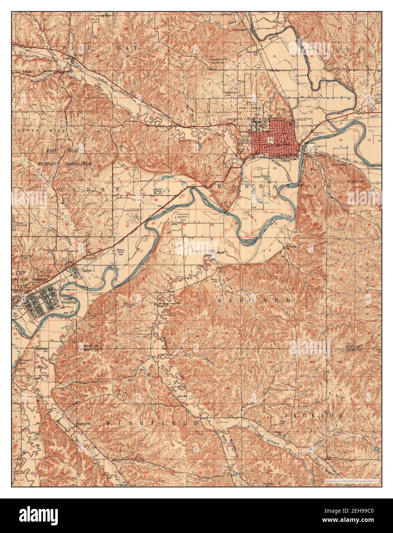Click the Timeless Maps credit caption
tap(351, 481)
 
